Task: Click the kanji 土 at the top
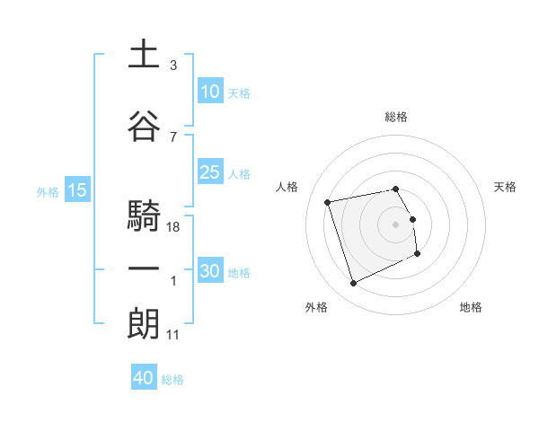144,55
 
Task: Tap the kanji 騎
144,216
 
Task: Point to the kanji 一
144,270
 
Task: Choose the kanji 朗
144,324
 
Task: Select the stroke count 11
173,335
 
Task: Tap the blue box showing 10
210,91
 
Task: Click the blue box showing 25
210,172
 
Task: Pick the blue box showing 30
210,271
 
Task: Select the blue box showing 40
144,378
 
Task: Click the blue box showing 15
77,190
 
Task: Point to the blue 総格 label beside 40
172,380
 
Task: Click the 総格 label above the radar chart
396,117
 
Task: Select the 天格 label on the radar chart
505,187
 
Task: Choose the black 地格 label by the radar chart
471,307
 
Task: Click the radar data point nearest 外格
353,284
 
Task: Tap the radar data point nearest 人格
328,201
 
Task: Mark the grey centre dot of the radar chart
396,224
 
